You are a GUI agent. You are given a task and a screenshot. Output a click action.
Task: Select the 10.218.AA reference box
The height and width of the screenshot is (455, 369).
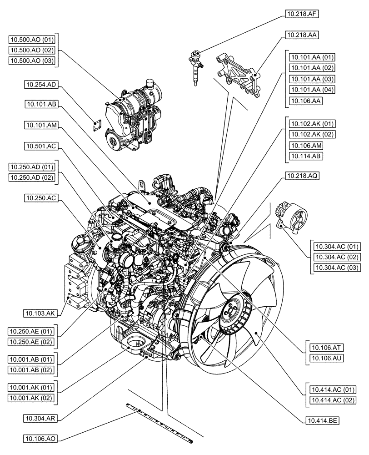(302, 35)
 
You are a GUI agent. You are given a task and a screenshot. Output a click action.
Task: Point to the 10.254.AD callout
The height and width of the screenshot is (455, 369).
(41, 84)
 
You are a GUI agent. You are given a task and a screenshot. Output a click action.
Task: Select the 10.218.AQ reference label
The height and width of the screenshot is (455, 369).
(302, 176)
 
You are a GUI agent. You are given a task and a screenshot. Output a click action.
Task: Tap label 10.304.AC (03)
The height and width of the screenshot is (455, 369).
(335, 268)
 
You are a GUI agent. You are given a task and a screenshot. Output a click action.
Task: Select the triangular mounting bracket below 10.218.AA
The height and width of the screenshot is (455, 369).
(239, 74)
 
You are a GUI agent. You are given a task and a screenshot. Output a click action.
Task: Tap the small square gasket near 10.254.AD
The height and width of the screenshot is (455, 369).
(96, 126)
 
